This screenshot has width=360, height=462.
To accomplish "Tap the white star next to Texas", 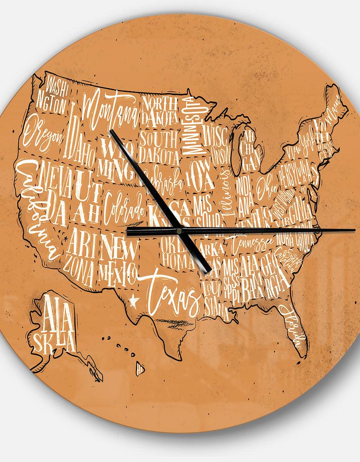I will coord(133,299).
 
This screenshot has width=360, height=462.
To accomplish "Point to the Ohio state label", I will coord(263,182).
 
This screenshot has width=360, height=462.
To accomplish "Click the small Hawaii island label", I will coord(139,369).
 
